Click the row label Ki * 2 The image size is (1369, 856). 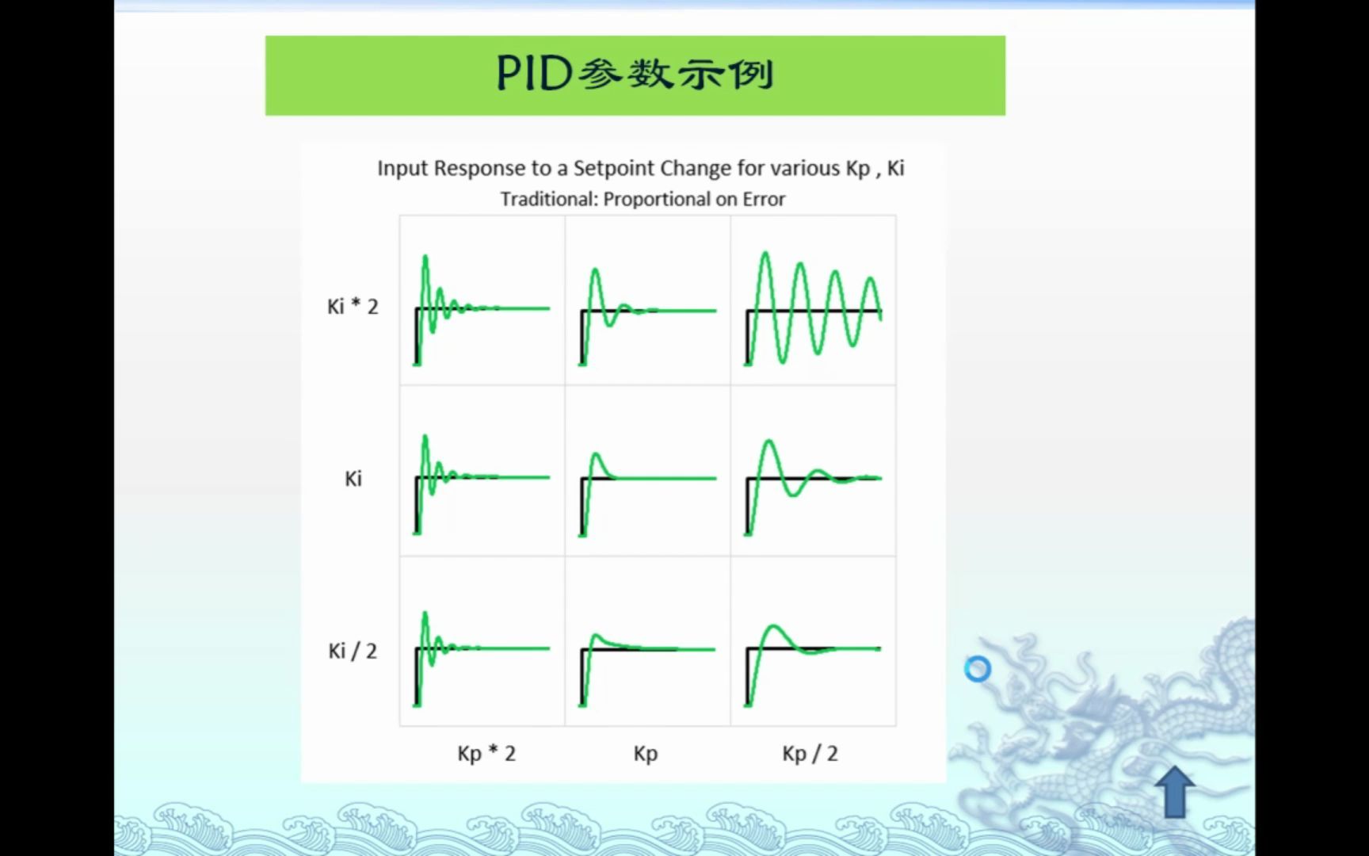point(353,307)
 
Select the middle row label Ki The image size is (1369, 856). point(353,479)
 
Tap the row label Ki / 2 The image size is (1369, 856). point(353,651)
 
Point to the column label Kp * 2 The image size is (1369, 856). point(486,753)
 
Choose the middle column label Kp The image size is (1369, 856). point(646,753)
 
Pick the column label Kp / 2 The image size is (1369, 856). point(810,753)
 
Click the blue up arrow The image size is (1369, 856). point(1175,791)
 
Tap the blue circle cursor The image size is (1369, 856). point(978,669)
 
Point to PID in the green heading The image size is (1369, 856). point(534,74)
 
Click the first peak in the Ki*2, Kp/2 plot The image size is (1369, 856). point(765,254)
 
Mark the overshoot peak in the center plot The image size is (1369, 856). point(597,454)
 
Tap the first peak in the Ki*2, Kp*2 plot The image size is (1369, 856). point(425,257)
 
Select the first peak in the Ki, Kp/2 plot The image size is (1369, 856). point(768,441)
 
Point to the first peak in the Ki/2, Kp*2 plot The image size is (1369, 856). point(425,613)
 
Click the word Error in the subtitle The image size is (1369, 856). point(764,199)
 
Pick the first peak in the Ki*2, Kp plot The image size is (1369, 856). point(595,271)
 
